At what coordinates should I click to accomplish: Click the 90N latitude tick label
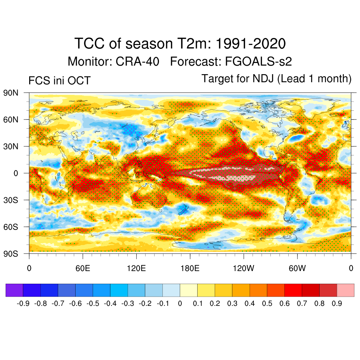coord(11,93)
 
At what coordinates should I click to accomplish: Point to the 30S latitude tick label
coord(11,200)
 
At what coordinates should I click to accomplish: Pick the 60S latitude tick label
coord(11,227)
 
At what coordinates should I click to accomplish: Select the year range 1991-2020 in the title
coord(250,44)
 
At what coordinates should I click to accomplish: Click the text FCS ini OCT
coord(59,81)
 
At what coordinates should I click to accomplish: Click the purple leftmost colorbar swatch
coord(14,290)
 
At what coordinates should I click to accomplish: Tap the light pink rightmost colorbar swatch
coord(346,290)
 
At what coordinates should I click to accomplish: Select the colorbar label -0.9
coord(23,303)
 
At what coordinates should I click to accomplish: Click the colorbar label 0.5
coord(267,303)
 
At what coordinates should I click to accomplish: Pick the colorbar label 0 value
coord(180,303)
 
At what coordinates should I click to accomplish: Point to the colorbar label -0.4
coord(110,303)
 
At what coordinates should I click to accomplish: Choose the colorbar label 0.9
coord(337,303)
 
